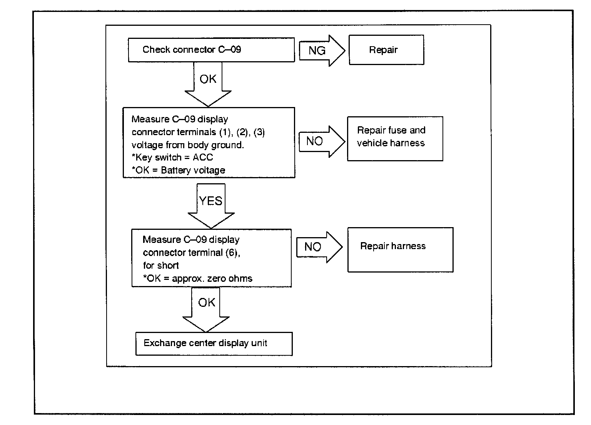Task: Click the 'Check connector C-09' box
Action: [211, 50]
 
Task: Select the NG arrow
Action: [322, 50]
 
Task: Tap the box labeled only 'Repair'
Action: [387, 50]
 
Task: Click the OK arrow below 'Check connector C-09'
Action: [208, 84]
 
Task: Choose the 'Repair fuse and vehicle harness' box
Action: [395, 139]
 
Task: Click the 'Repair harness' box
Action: [401, 250]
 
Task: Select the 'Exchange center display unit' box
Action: [214, 344]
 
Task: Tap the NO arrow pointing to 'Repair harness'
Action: [319, 248]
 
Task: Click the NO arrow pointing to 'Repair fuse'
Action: [322, 142]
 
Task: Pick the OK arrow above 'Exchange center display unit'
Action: [206, 310]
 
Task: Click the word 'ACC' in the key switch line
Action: [203, 157]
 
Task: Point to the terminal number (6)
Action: [232, 253]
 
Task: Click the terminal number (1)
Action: [225, 132]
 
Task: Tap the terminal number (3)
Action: [259, 132]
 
